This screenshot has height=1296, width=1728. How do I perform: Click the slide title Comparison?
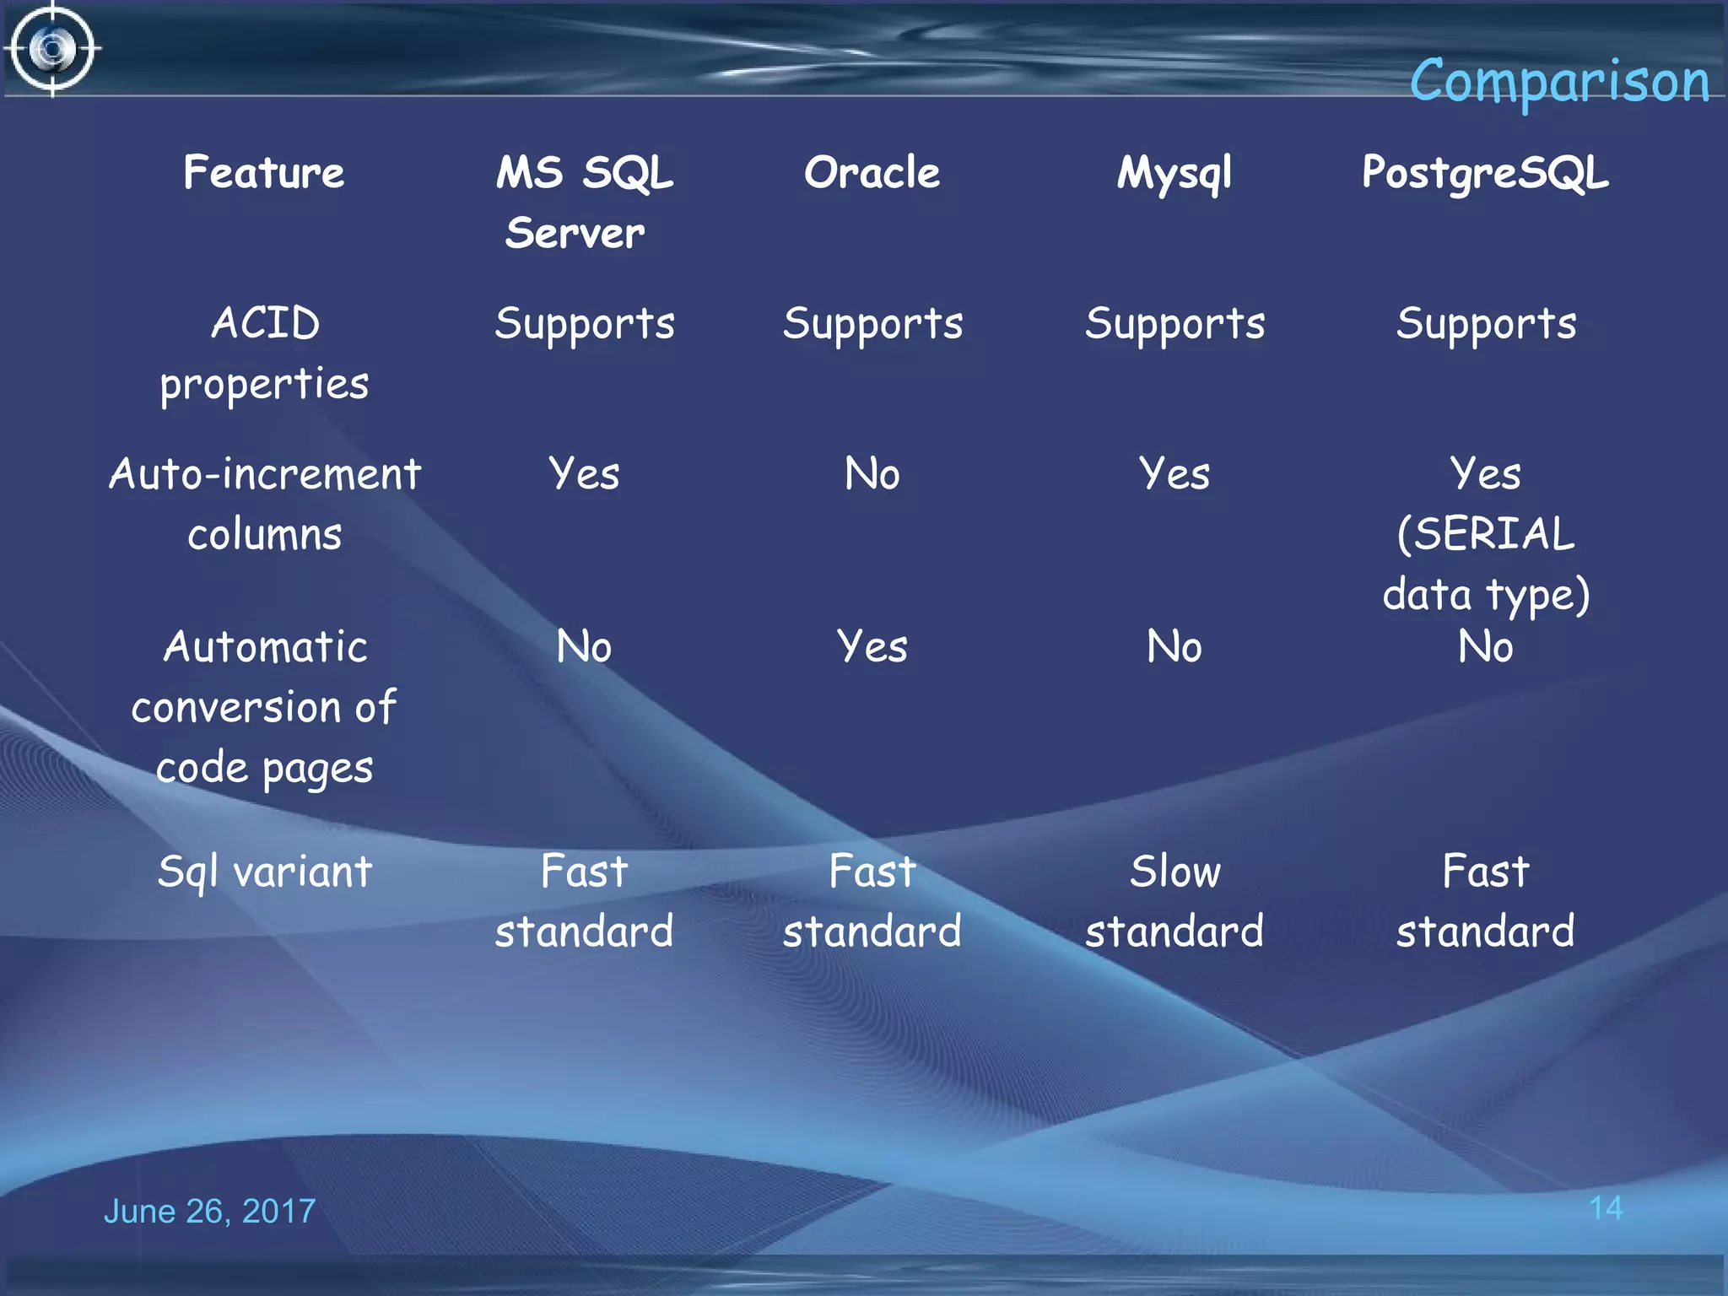(x=1559, y=82)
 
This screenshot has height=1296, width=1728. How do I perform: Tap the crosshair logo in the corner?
(x=53, y=49)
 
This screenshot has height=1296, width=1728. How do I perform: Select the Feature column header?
(x=264, y=173)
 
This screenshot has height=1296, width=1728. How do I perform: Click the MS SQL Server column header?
(x=584, y=202)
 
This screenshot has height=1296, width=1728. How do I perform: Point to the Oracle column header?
(x=872, y=173)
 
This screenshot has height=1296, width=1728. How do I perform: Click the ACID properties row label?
(x=265, y=354)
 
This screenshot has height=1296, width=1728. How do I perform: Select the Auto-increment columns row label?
(x=265, y=504)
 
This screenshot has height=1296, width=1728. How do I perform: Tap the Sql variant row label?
(x=265, y=872)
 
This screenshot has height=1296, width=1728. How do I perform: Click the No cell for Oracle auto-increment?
(x=872, y=474)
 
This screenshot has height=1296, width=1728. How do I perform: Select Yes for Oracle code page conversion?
(x=872, y=647)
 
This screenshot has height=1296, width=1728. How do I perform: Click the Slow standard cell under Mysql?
(x=1174, y=901)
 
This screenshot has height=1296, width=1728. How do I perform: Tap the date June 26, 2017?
(x=209, y=1211)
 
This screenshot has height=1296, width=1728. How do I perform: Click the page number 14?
(x=1605, y=1207)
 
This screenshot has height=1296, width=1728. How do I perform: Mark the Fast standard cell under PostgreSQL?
(x=1485, y=901)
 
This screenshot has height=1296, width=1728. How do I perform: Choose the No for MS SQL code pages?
(x=584, y=647)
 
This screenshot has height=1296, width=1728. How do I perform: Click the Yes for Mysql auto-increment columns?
(x=1174, y=474)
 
